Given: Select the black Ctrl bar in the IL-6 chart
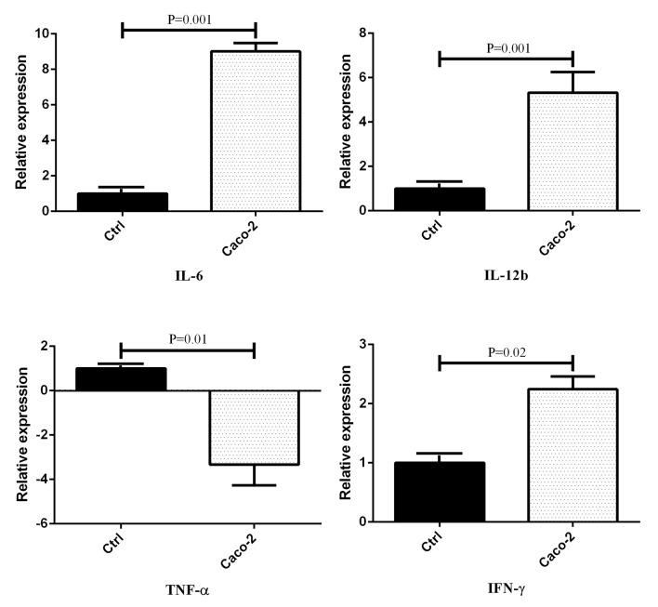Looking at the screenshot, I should [x=121, y=202].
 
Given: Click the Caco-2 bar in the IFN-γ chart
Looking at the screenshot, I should [x=572, y=455].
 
